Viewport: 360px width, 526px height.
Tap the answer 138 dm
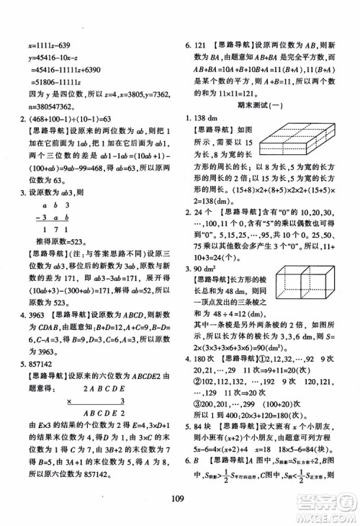click(207, 117)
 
